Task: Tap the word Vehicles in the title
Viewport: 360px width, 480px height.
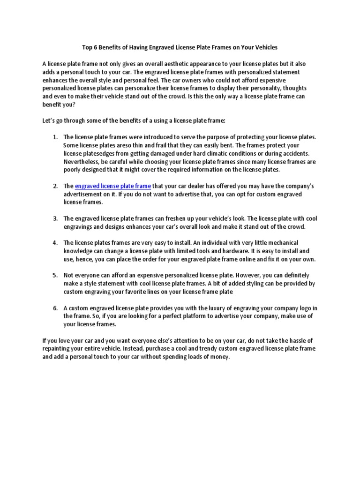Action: tap(264, 47)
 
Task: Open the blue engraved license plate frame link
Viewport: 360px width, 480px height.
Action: tap(112, 186)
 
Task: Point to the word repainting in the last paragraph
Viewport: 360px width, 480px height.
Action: tap(57, 349)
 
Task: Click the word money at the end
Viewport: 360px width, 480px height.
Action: tap(219, 357)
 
